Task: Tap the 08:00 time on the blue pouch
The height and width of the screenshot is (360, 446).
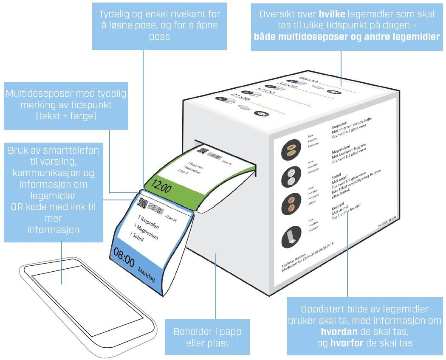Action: [124, 258]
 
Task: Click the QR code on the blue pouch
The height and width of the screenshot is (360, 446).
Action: [144, 203]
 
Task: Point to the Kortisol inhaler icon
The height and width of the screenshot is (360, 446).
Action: [291, 236]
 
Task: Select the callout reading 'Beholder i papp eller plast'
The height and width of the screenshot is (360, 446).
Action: [207, 337]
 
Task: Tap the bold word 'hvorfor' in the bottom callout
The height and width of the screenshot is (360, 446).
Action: [347, 343]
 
